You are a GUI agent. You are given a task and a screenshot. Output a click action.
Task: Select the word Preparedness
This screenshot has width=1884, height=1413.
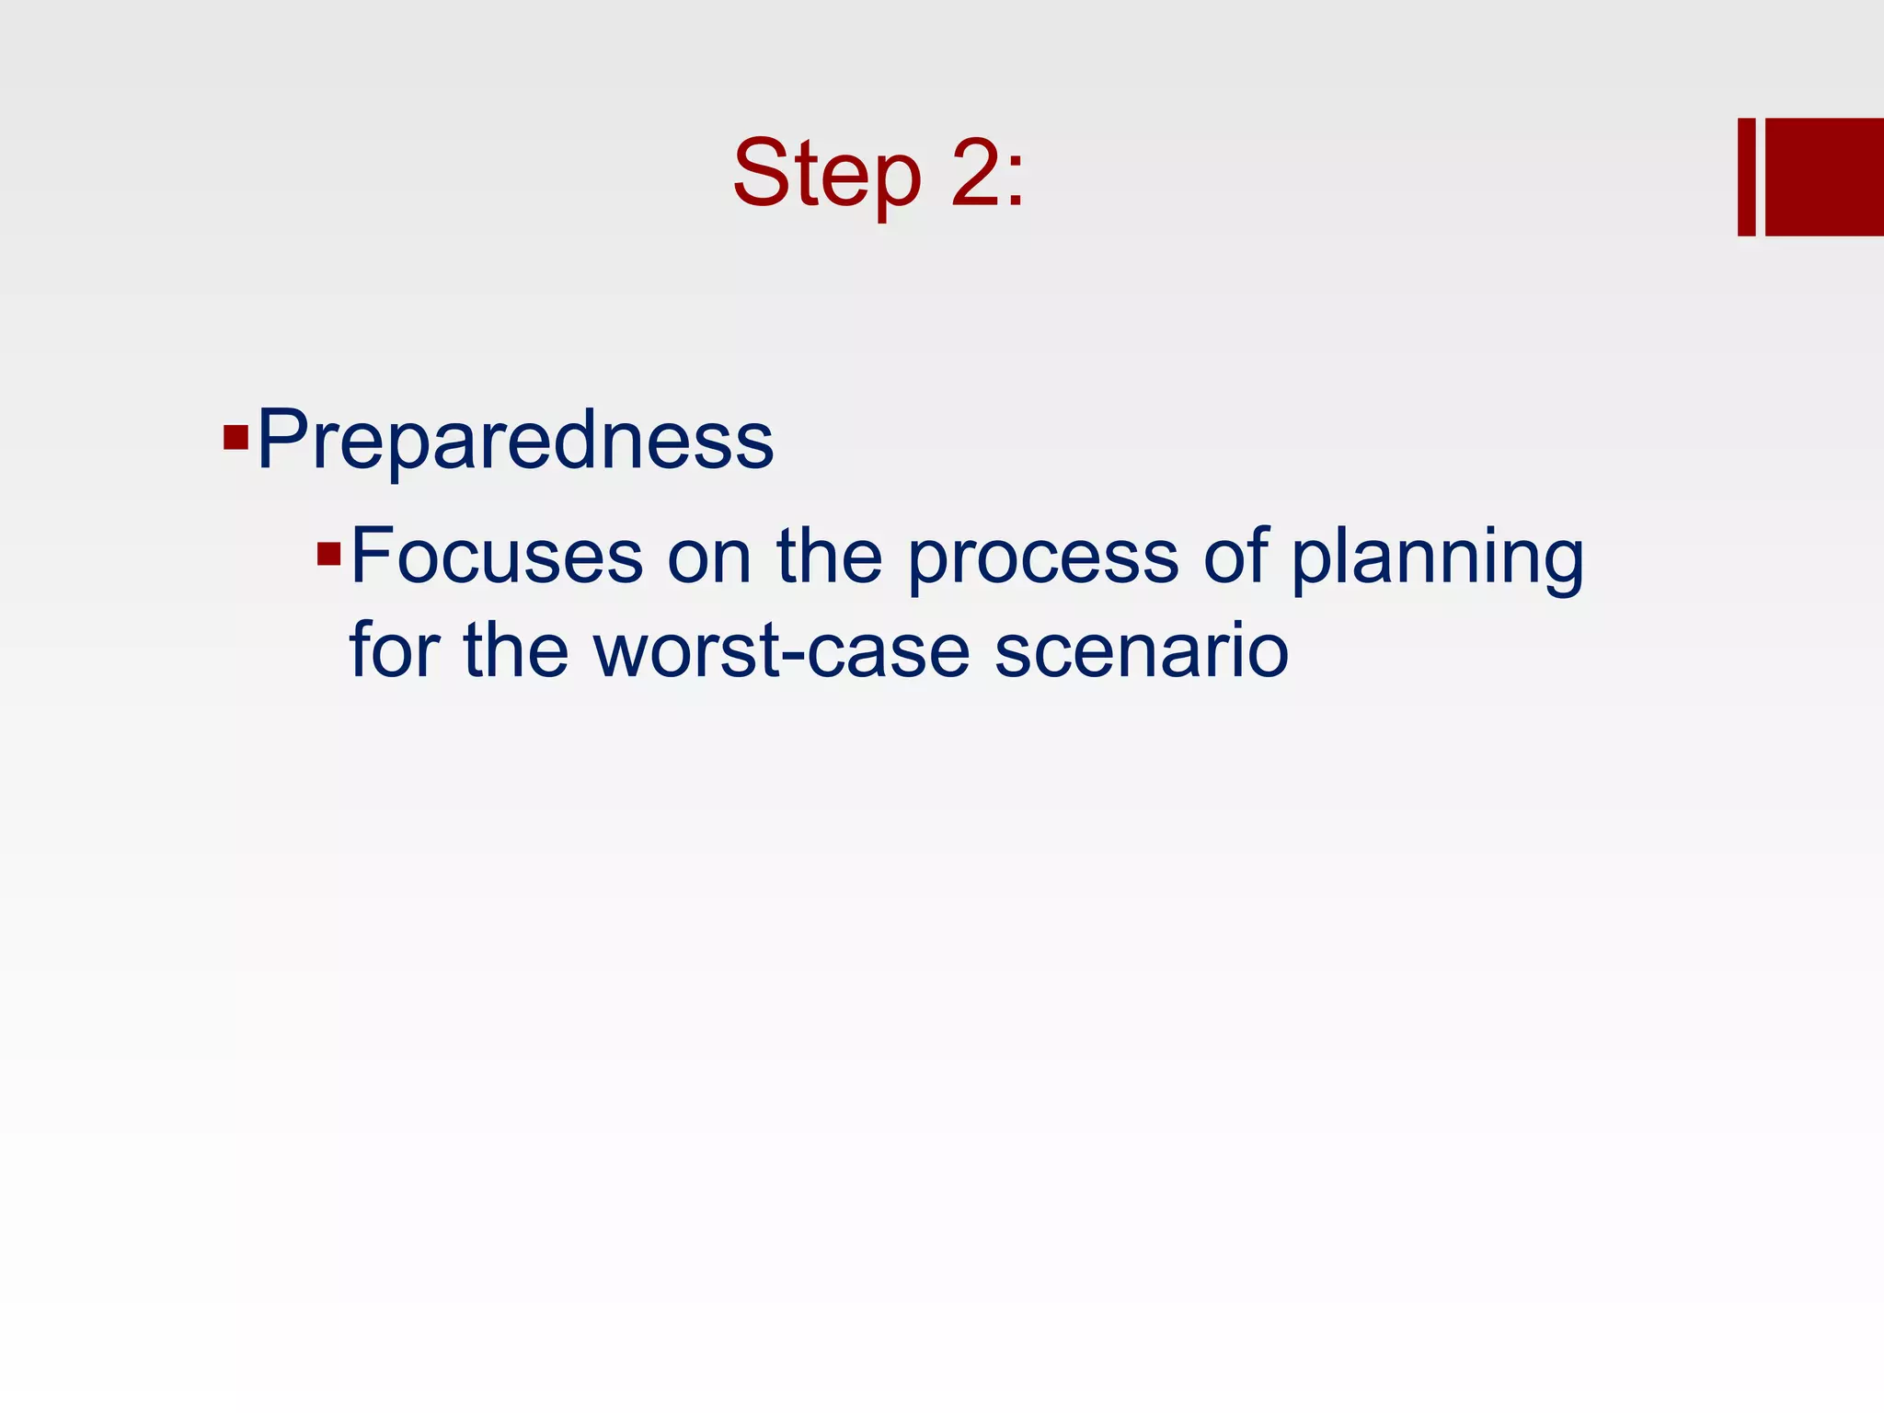coord(515,440)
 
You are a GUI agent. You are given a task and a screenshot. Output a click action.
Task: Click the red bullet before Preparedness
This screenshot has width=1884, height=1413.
coord(236,436)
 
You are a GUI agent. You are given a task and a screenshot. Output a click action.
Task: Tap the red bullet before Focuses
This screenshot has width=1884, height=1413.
coord(328,554)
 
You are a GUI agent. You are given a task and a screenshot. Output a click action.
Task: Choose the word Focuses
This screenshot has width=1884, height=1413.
coord(497,556)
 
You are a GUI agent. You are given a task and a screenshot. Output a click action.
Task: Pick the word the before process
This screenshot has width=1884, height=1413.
coord(829,556)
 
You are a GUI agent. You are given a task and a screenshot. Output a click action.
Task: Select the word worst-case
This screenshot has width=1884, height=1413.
coord(782,651)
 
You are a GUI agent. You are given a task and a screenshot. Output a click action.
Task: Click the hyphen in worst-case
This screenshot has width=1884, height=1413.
coord(794,656)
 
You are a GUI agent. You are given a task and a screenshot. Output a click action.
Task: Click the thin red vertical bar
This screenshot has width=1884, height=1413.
coord(1746,177)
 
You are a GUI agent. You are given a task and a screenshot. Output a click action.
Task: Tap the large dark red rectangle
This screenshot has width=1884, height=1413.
coord(1824,177)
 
